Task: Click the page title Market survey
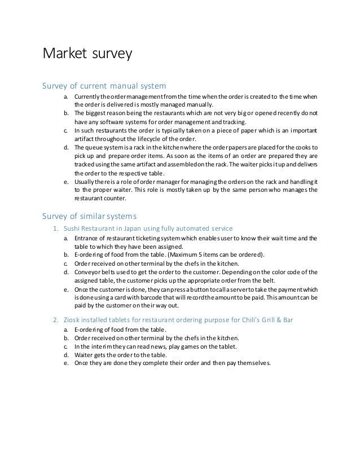pyautogui.click(x=87, y=54)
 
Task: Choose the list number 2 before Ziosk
pyautogui.click(x=55, y=320)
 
